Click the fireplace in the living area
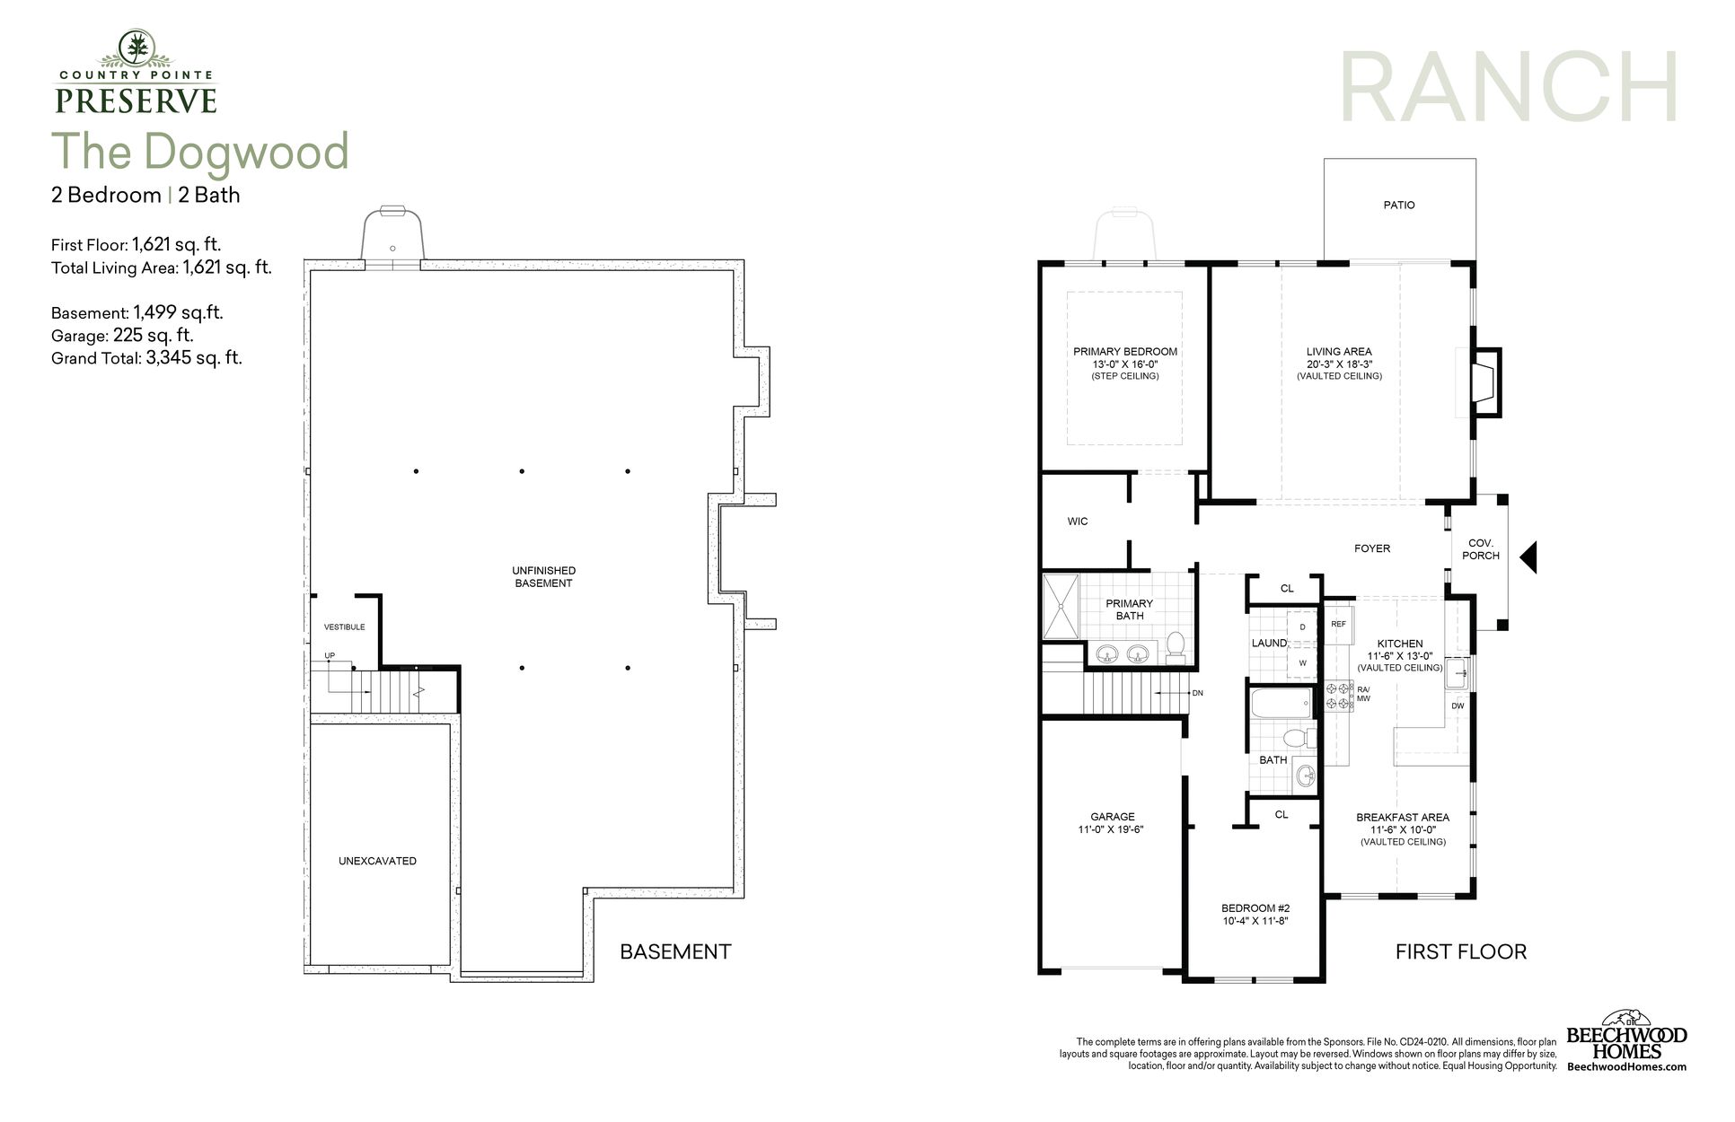pos(1485,382)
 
